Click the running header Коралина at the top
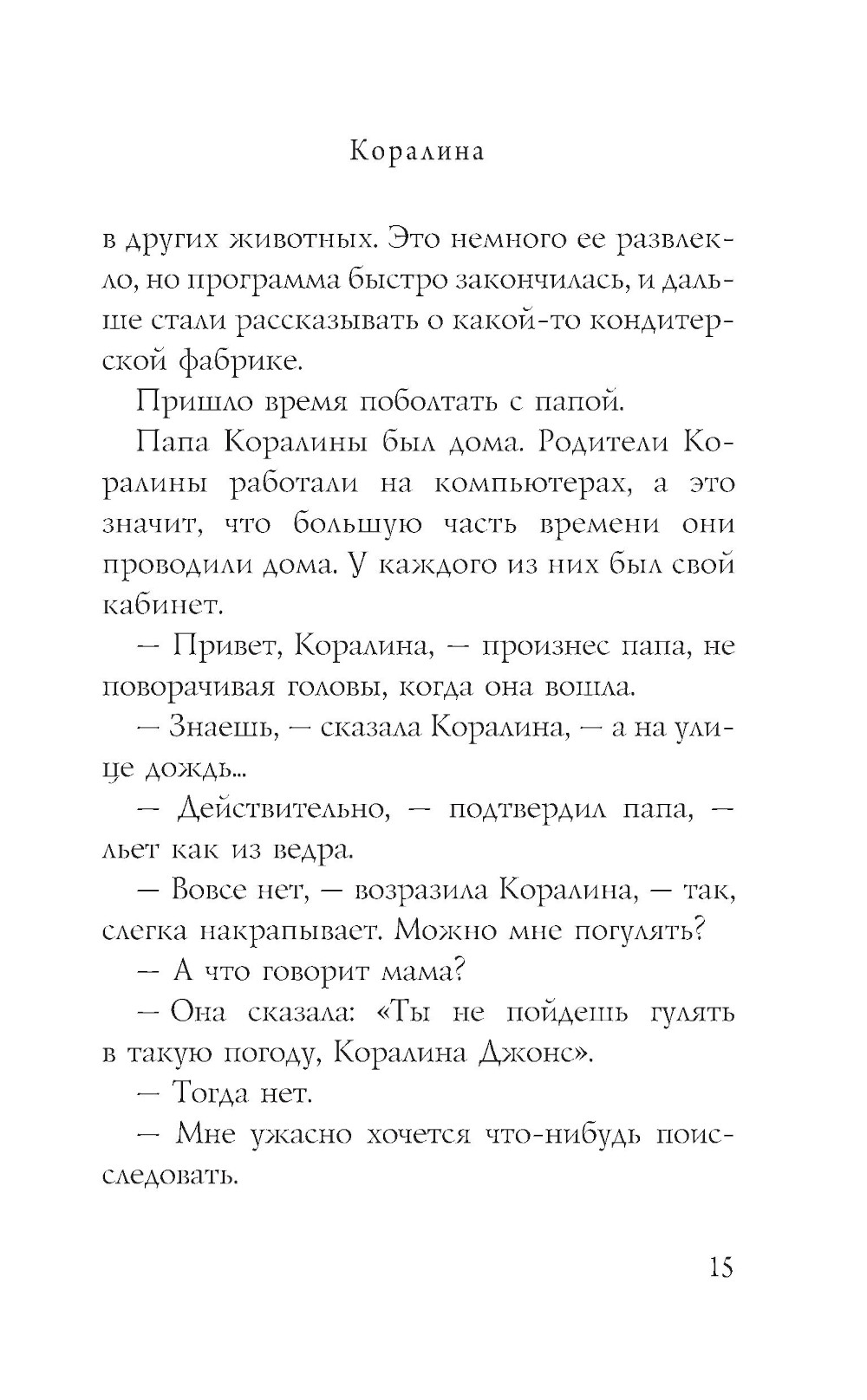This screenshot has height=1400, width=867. point(417,151)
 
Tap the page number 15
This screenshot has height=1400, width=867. point(720,1267)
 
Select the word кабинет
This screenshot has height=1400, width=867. point(163,606)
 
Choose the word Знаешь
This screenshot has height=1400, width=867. point(224,728)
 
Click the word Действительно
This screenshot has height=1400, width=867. point(281,809)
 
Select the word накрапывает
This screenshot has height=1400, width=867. point(291,931)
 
